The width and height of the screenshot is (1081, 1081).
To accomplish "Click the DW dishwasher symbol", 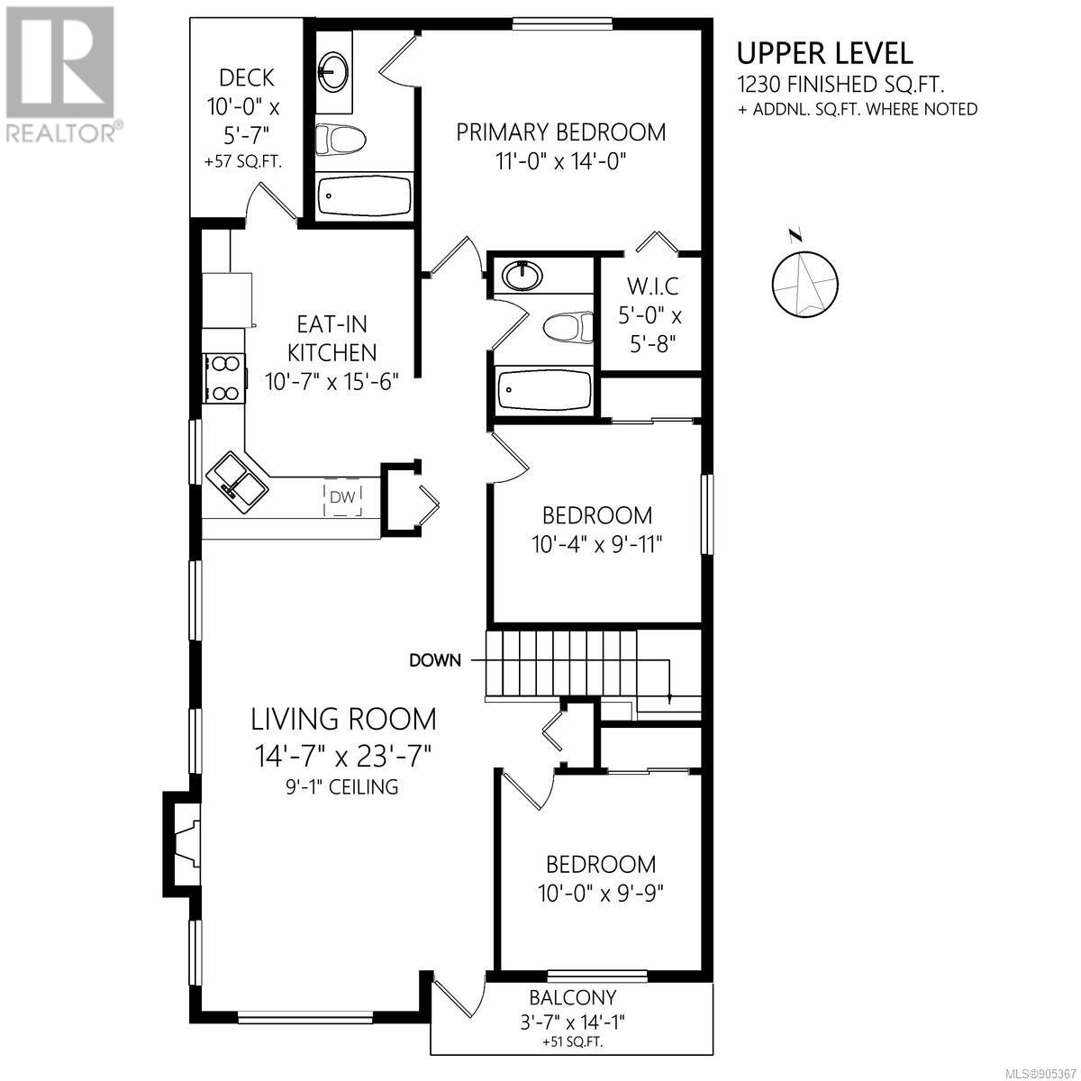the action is point(342,497).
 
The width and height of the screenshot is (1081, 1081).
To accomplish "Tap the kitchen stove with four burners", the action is point(223,378).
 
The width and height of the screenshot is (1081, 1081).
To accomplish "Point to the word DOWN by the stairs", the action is point(435,660).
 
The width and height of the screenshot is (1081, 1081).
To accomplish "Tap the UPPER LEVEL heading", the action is point(824,54).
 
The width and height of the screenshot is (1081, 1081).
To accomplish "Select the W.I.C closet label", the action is point(652,286).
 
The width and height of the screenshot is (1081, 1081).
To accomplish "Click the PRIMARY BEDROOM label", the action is point(561,132).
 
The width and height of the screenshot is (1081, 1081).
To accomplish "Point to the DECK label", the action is point(247,78).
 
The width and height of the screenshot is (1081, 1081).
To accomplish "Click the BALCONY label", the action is point(573,997).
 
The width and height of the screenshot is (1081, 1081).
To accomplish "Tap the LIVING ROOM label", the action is point(343,720).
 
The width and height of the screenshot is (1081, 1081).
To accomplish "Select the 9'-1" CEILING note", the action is point(342,786).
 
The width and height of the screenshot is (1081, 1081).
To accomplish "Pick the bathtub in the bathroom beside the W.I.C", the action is point(543,389).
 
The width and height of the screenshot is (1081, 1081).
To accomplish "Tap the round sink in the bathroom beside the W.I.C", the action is point(522,275).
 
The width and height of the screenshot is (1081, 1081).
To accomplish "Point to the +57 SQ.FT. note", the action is point(243,163).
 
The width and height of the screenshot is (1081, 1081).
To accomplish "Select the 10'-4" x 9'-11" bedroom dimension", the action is point(597,543).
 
